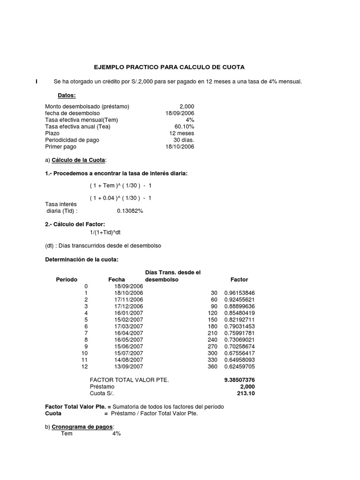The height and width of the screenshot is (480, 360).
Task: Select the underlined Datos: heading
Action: [67, 96]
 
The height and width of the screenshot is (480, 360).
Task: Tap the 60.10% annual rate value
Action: [184, 127]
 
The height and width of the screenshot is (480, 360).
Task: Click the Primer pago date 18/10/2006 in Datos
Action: [180, 147]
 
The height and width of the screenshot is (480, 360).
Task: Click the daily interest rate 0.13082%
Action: [130, 211]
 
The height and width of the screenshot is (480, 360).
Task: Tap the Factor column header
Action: [239, 279]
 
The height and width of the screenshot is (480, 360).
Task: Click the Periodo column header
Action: [67, 279]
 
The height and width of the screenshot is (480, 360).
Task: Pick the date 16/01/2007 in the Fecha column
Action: [129, 313]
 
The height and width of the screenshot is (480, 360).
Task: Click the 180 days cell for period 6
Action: [213, 326]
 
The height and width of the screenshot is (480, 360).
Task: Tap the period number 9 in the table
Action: [86, 346]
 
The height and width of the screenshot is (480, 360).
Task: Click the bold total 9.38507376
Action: [239, 380]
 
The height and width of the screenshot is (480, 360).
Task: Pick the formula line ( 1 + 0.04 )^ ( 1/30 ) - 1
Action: [120, 198]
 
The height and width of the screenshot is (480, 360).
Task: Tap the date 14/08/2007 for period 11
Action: [129, 360]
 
